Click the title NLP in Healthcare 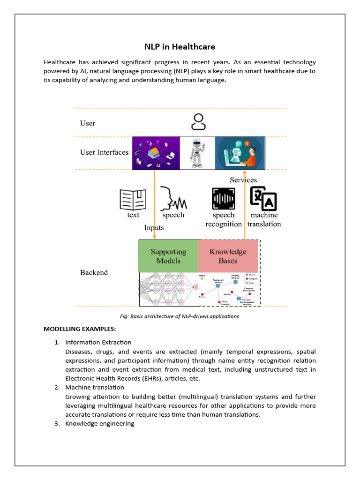pos(180,47)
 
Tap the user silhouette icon pos(198,122)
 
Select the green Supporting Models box pos(168,256)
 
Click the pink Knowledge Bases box pos(228,256)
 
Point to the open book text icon pos(133,199)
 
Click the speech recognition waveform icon pos(224,199)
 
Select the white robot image pos(197,153)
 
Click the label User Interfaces pos(104,152)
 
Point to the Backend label pos(94,272)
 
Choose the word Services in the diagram pos(243,180)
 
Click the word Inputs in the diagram pos(154,228)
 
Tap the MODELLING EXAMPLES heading pos(80,329)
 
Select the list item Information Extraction pos(98,342)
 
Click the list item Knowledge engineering pos(99,423)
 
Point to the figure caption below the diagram pos(180,316)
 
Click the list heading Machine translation pos(94,387)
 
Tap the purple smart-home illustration pos(156,153)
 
